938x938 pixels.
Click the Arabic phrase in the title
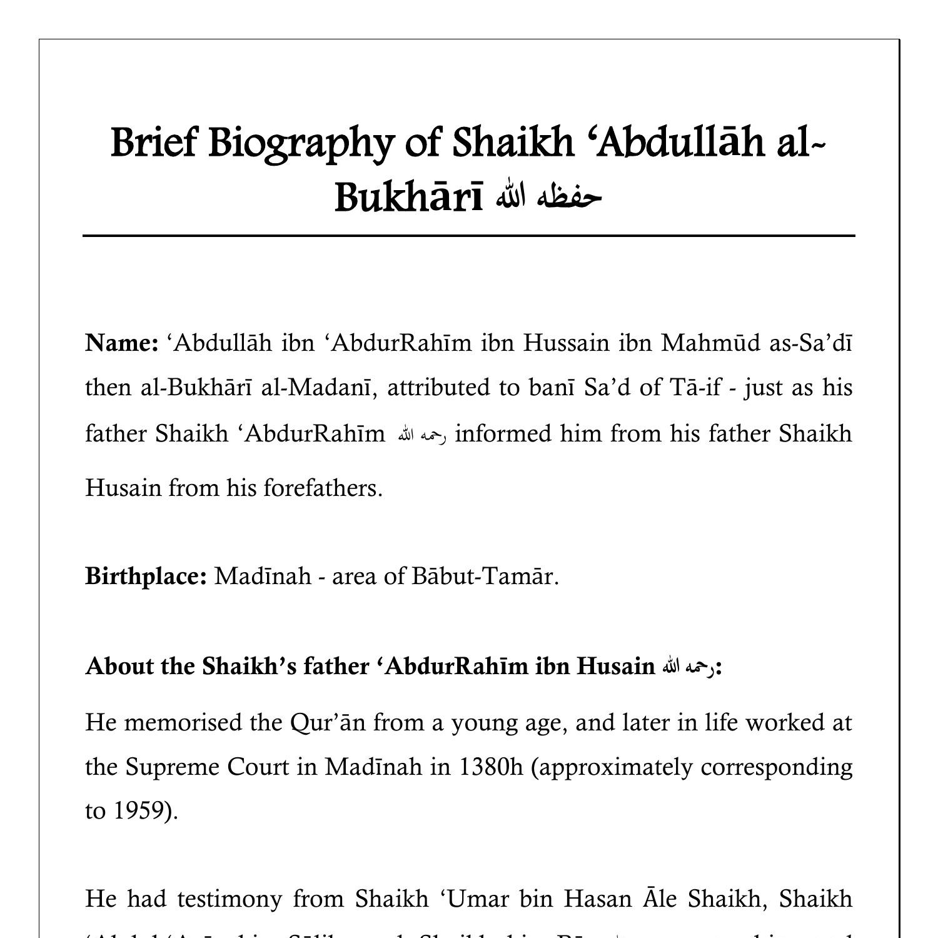coord(548,197)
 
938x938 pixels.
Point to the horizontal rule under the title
coord(468,236)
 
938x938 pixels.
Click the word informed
coord(503,433)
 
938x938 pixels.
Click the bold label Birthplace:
coord(146,576)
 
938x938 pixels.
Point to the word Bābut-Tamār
coord(485,576)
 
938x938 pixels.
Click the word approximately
coord(615,767)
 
